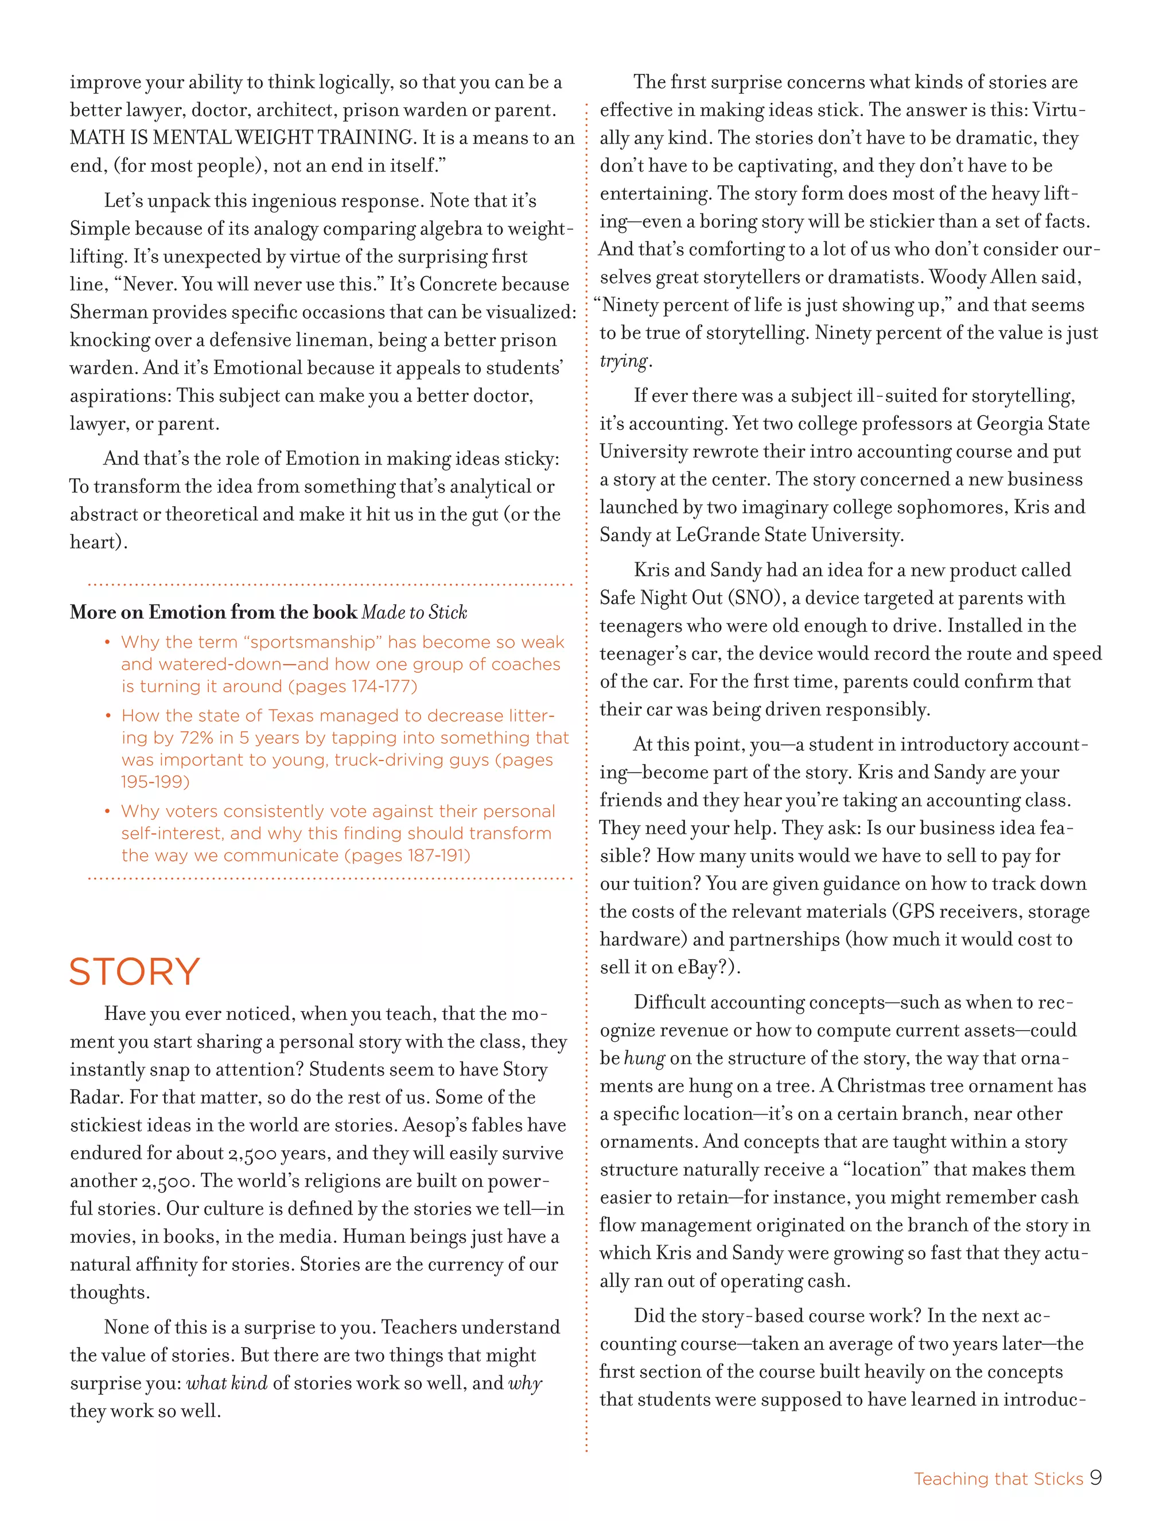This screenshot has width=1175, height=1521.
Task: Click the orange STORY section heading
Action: coord(134,972)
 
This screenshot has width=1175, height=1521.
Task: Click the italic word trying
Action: coord(624,362)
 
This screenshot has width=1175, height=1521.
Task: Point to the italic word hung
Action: coord(644,1058)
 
